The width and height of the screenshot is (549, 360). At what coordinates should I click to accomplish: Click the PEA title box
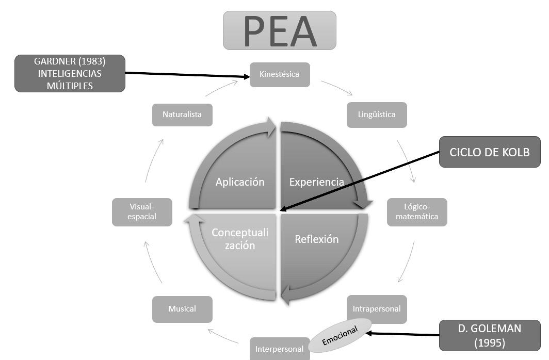(279, 30)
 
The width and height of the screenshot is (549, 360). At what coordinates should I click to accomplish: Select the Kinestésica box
(280, 74)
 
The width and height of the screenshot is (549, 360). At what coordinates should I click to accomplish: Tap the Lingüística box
(377, 114)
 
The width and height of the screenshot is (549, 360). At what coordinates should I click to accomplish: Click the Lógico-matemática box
(417, 211)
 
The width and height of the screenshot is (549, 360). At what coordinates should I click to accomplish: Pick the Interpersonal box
(279, 349)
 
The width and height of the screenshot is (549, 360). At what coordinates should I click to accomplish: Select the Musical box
(182, 309)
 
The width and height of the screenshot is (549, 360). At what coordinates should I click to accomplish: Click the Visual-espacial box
(142, 212)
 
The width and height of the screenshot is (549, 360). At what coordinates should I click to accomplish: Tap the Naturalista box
(182, 114)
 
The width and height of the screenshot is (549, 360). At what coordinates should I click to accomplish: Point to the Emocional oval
(340, 335)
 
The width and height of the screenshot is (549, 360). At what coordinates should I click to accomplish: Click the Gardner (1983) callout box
(70, 73)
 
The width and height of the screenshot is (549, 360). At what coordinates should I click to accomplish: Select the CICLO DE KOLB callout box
(490, 152)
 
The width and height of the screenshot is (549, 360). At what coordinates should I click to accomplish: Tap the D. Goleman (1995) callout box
(490, 335)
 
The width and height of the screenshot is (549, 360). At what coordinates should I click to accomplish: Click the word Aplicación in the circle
(240, 182)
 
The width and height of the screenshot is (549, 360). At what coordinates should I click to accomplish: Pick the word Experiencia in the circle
(316, 182)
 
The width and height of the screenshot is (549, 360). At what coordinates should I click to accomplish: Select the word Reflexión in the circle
(316, 239)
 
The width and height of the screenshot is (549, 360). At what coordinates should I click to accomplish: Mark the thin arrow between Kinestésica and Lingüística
(337, 87)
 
